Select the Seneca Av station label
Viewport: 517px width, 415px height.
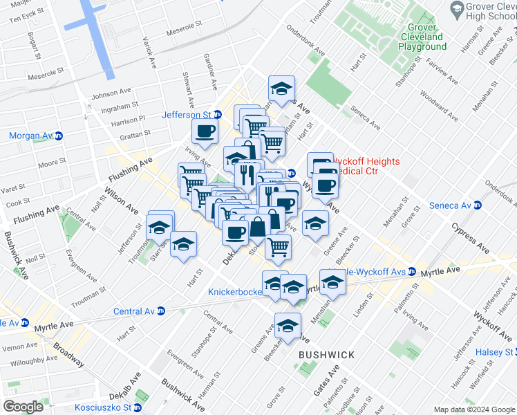tap(450, 205)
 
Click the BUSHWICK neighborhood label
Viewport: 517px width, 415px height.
tap(326, 355)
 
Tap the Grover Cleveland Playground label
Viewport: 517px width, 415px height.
tap(422, 41)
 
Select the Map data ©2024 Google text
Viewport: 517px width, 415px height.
tap(474, 409)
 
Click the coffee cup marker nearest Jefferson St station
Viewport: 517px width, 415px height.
tap(205, 130)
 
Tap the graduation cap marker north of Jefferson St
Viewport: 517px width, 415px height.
tap(281, 89)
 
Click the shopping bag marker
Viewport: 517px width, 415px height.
tap(257, 227)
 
